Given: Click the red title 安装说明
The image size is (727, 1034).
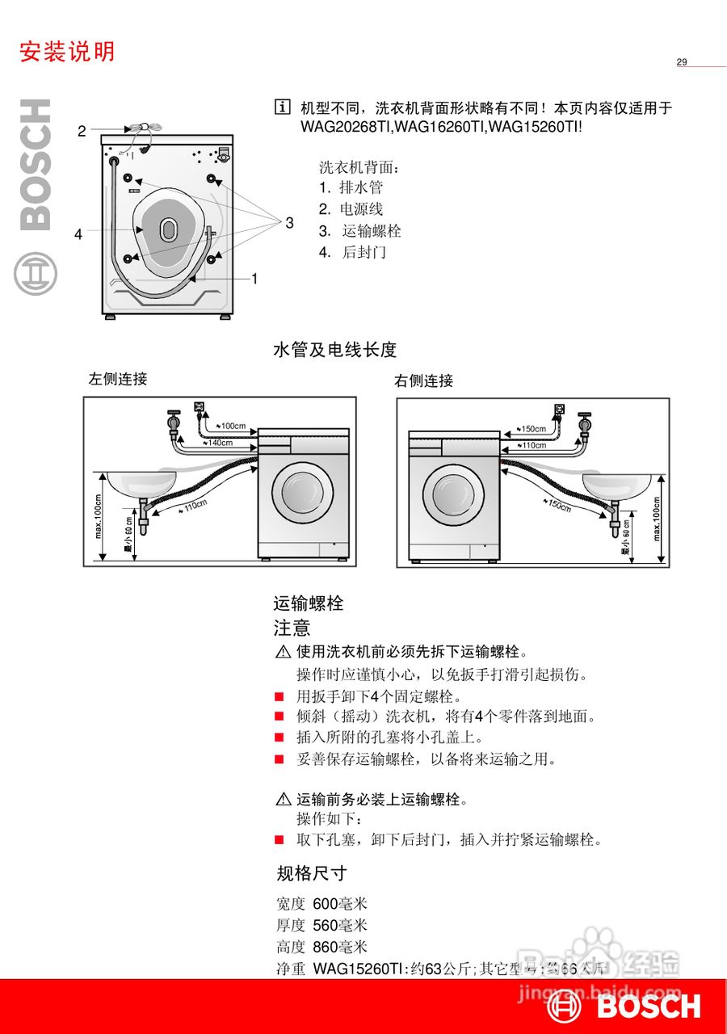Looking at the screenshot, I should pos(67,52).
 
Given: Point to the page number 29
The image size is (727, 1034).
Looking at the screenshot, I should pos(682,62).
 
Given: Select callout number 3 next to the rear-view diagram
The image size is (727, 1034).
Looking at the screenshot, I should pos(289,223).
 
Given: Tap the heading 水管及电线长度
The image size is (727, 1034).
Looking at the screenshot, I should pos(335,350).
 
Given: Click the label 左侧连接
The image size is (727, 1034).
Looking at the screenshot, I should pos(118,379).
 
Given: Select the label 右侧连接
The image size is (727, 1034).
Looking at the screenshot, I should pos(423,380).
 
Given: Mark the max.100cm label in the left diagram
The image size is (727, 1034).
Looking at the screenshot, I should pos(99,517).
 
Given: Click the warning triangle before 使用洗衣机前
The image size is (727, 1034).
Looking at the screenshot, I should pos(283,652).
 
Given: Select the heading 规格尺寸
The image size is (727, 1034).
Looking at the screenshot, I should pos(311,873).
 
